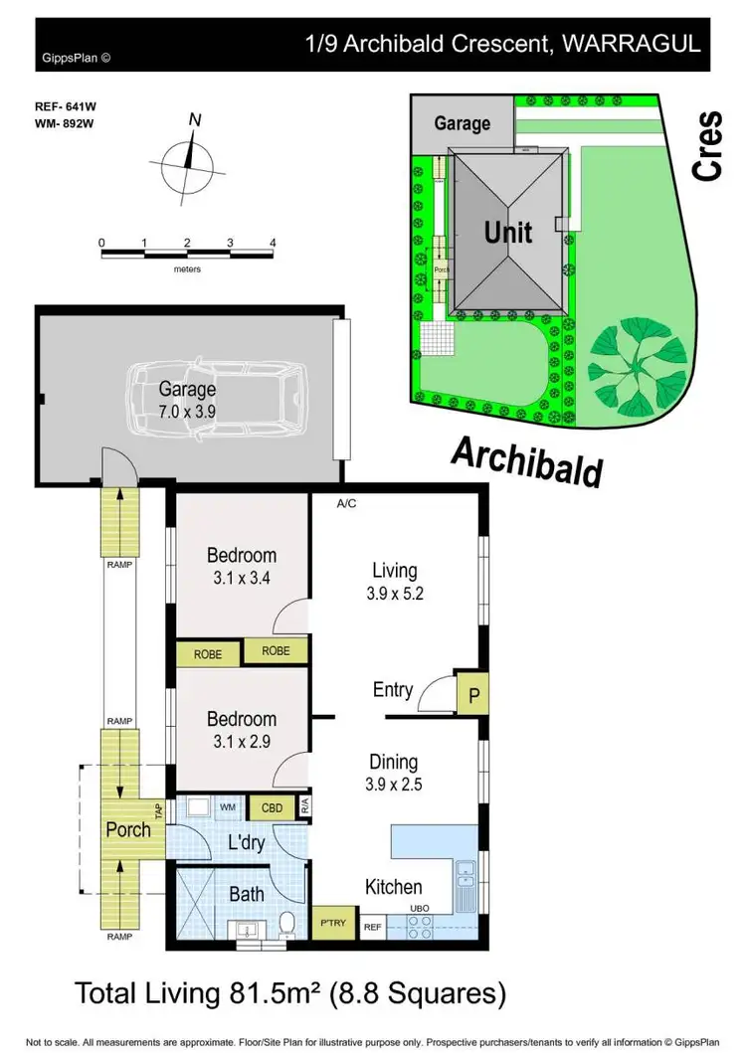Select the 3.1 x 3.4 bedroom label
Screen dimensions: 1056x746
(x=241, y=566)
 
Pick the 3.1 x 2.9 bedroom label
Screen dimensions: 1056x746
(x=241, y=730)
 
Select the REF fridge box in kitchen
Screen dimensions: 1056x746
(x=373, y=927)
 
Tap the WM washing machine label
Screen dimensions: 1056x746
(x=227, y=807)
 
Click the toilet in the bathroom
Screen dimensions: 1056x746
(x=286, y=924)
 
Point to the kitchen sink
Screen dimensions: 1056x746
(x=465, y=875)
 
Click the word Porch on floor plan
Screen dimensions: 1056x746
(x=128, y=829)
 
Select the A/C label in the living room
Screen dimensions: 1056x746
(x=346, y=504)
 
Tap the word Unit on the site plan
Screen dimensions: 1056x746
(x=507, y=233)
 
